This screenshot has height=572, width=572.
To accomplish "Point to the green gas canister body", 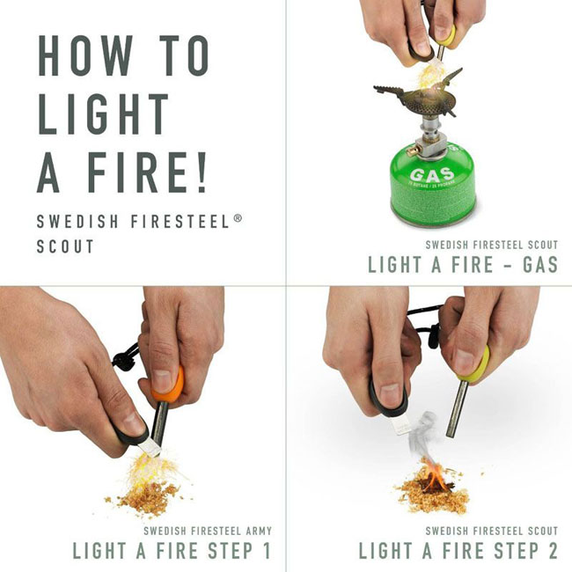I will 431,198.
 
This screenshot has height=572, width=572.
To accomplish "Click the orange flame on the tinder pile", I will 434,480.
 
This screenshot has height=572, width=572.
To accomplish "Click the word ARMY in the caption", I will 254,531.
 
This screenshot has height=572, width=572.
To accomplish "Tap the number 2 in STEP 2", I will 549,552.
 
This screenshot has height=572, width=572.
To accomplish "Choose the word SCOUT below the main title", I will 65,247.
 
